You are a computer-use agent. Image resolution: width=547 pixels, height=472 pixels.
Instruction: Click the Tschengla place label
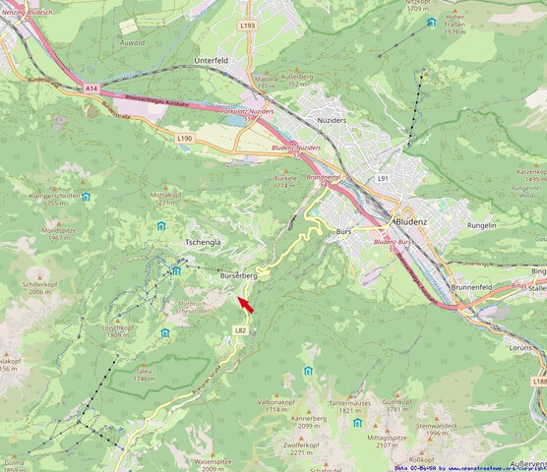[203, 242]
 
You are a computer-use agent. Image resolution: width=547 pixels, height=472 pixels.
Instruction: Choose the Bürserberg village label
[239, 277]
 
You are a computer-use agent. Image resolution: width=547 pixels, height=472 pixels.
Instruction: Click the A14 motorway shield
[91, 88]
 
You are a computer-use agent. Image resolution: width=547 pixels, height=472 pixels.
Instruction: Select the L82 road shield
[240, 330]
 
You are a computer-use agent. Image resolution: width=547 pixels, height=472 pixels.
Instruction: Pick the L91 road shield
[384, 178]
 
